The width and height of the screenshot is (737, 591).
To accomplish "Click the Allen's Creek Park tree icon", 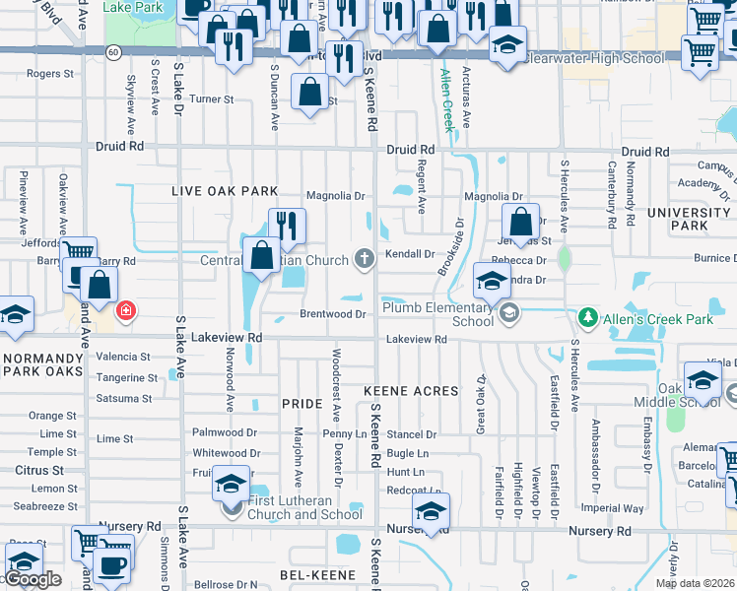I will tap(587, 317).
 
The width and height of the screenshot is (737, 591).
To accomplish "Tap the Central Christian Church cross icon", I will tap(365, 260).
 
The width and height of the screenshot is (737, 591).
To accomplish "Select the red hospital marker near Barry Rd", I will tap(125, 312).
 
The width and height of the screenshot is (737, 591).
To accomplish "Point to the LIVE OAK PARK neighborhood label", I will tap(224, 191).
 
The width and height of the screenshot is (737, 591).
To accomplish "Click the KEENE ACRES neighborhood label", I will tap(411, 391).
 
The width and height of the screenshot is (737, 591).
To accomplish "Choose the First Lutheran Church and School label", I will tap(304, 507).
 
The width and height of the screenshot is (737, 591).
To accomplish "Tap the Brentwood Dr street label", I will tap(333, 314).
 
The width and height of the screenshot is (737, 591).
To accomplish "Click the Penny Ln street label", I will tap(344, 434).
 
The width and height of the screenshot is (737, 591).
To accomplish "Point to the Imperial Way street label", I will tap(613, 509).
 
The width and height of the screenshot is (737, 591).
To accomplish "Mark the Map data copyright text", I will tap(695, 583).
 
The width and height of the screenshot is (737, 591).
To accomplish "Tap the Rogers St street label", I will tap(50, 74).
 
